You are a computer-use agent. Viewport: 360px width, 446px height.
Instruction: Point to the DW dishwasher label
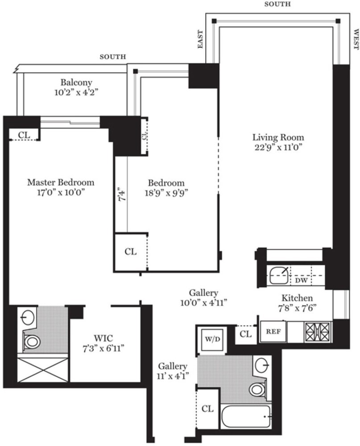point(302,281)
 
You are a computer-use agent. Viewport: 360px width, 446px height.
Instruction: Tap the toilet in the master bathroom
point(31,342)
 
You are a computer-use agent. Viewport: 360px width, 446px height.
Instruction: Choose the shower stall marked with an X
point(42,370)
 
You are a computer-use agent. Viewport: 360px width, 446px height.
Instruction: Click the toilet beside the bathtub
point(257,389)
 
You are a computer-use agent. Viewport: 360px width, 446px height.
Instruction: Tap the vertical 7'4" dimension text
point(120,196)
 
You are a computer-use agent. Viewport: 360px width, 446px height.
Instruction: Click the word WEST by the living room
point(356,40)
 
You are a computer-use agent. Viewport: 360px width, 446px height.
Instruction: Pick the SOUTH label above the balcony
point(112,57)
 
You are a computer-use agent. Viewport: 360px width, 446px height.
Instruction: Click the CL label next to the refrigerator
point(245,334)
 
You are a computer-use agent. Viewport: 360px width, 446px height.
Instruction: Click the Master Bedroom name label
point(61,182)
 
